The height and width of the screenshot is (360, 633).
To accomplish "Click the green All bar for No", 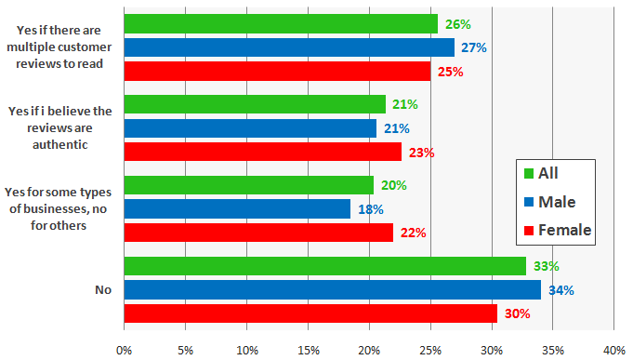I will (x=324, y=266).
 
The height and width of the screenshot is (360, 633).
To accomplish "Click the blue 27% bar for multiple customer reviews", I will (x=289, y=47).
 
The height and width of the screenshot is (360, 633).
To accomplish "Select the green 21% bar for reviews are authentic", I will (x=254, y=104).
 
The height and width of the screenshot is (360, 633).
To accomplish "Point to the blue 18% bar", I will (x=237, y=209).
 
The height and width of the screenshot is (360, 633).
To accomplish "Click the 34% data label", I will (x=560, y=290).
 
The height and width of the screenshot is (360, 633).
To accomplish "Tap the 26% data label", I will (x=457, y=23).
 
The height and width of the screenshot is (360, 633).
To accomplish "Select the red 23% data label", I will (x=422, y=153).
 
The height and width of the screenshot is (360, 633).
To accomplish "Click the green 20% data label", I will (x=394, y=185).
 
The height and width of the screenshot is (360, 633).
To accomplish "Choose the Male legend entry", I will (x=557, y=201).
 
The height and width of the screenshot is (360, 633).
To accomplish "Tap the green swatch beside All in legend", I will (x=529, y=173).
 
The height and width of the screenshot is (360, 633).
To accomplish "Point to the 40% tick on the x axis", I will (x=613, y=350).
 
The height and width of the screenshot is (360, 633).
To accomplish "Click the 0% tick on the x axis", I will (x=124, y=350).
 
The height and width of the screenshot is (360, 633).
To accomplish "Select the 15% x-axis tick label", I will (x=308, y=350).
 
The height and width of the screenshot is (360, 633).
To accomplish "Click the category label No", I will (x=103, y=290).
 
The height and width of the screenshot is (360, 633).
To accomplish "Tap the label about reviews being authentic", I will (x=59, y=127).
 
